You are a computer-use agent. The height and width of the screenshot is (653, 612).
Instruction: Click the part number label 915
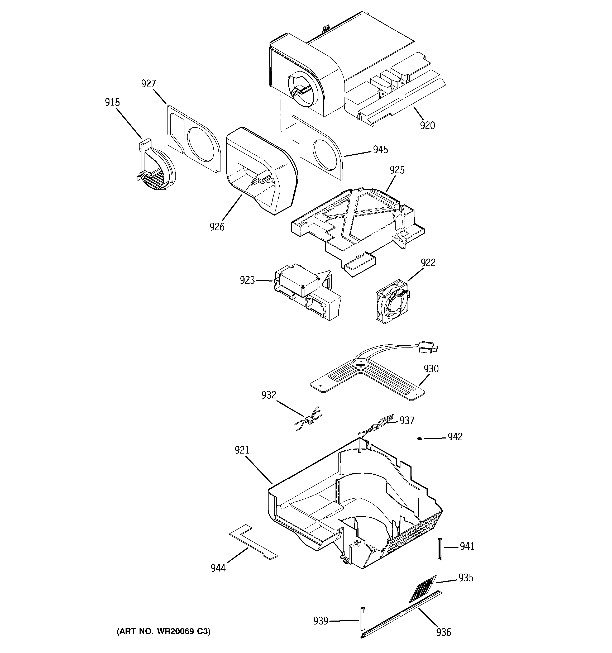coord(112,102)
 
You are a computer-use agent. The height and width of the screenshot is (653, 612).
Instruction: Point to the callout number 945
coord(380,150)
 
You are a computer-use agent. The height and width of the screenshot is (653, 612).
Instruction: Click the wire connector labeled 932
coord(308,420)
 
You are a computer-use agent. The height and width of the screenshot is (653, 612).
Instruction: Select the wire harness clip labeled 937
coord(374,427)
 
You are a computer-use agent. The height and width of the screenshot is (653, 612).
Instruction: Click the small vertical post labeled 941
coord(440,549)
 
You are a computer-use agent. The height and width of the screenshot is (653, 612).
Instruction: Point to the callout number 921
coord(242,450)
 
